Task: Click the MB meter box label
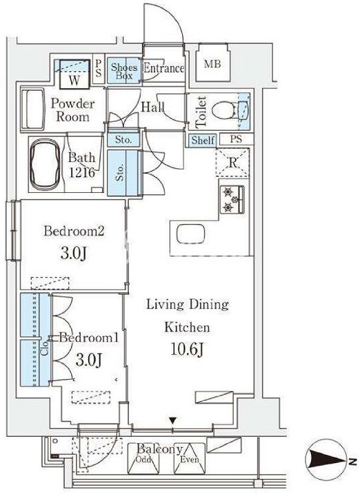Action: click(212, 64)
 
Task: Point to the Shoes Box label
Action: click(124, 71)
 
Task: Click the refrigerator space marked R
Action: click(232, 163)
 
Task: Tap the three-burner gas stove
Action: click(232, 199)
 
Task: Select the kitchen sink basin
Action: click(190, 234)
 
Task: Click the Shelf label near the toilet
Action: click(203, 140)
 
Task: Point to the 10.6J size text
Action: click(188, 349)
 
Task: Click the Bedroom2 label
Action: click(74, 231)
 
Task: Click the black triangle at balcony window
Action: click(172, 421)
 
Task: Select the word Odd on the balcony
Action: click(143, 460)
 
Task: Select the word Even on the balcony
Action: click(190, 460)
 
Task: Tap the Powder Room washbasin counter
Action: click(32, 110)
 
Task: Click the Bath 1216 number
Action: click(81, 172)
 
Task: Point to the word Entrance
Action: click(163, 68)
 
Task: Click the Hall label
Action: click(152, 107)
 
